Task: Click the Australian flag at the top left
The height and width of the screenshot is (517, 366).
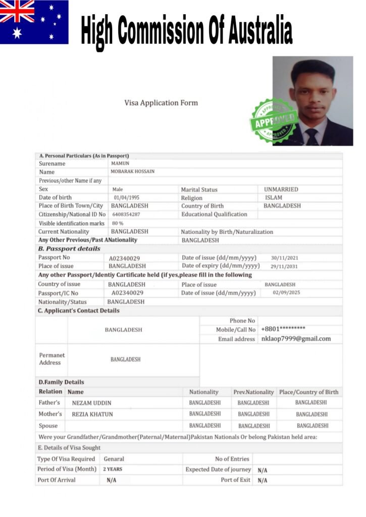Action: click(x=34, y=22)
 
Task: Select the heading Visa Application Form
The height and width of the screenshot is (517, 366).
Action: click(x=161, y=103)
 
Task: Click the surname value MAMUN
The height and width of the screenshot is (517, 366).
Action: click(x=120, y=164)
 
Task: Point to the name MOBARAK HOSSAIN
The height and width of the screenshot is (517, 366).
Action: click(x=132, y=172)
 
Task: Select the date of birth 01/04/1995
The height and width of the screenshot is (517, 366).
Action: click(x=126, y=197)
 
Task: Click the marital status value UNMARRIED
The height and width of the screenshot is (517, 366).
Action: click(x=281, y=189)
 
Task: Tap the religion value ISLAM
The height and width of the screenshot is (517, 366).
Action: click(x=273, y=197)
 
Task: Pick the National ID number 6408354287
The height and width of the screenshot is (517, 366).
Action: click(x=126, y=215)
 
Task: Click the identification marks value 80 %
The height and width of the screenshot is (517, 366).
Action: click(x=117, y=223)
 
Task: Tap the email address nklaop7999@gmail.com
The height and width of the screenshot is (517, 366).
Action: click(x=296, y=339)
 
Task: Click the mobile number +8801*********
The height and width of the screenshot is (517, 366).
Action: click(x=283, y=329)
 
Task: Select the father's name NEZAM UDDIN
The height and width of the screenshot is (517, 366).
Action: click(x=91, y=403)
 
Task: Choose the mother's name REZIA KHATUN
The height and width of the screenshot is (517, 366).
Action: click(x=92, y=415)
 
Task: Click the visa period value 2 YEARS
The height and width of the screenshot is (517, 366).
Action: click(x=113, y=470)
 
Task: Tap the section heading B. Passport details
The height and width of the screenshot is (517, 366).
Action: click(x=69, y=249)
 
